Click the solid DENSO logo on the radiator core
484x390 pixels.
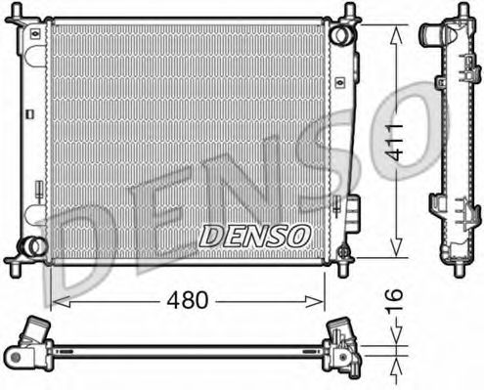254,236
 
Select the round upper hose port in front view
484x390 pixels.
339,35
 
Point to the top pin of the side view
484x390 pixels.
460,12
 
